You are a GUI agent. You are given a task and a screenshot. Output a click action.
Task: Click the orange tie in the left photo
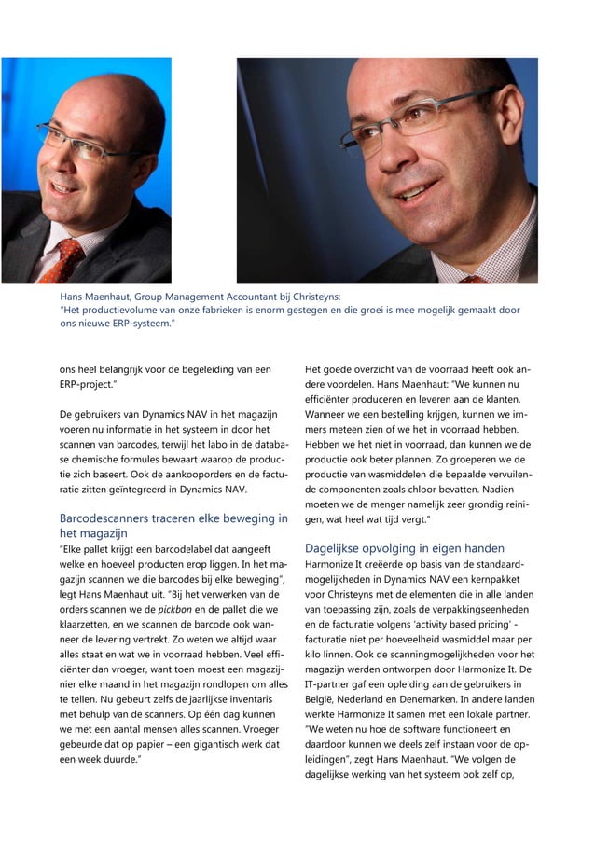pyautogui.click(x=64, y=259)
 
